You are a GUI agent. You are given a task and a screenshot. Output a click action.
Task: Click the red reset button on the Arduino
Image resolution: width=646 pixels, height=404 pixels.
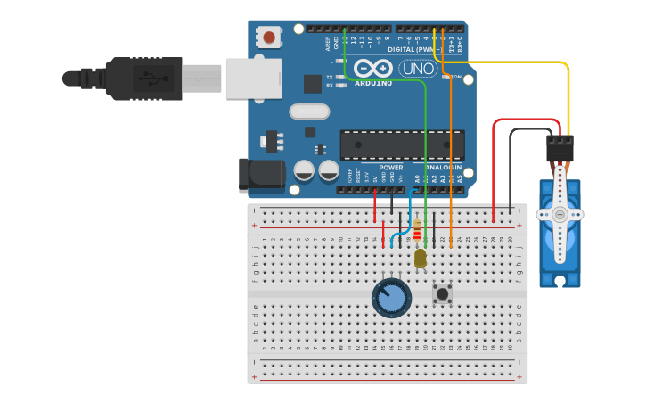pyautogui.click(x=268, y=37)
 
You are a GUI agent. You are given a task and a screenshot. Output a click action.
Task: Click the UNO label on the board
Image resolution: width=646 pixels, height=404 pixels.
pyautogui.click(x=417, y=69)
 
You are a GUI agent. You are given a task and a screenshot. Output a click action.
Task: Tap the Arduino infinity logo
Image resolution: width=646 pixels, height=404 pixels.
pyautogui.click(x=372, y=69)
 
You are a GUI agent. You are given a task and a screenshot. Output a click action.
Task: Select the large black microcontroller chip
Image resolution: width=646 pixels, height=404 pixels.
pyautogui.click(x=402, y=144)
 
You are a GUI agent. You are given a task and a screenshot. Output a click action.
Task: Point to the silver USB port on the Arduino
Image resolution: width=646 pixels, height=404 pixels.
pyautogui.click(x=253, y=78)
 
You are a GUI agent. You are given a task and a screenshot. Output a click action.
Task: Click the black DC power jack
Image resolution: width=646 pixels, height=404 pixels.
pyautogui.click(x=259, y=176)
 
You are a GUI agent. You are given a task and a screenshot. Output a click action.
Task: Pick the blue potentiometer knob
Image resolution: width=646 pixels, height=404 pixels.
pyautogui.click(x=391, y=298)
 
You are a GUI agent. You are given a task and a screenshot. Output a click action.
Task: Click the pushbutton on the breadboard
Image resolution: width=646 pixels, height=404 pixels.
pyautogui.click(x=442, y=293)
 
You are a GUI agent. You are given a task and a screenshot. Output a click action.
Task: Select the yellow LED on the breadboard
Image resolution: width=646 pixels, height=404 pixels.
pyautogui.click(x=421, y=258)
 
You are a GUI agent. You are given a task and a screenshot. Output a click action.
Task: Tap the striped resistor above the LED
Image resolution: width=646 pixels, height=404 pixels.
pyautogui.click(x=417, y=230)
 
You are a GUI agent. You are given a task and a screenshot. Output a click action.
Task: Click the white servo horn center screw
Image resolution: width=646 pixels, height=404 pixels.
pyautogui.click(x=560, y=214)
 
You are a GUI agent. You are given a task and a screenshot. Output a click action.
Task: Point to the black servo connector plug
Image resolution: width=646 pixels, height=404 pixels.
pyautogui.click(x=560, y=146)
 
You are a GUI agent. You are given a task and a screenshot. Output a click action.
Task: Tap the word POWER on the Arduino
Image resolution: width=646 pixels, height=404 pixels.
pyautogui.click(x=390, y=167)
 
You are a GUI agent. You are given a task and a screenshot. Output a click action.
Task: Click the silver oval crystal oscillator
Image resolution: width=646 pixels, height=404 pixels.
pyautogui.click(x=309, y=111)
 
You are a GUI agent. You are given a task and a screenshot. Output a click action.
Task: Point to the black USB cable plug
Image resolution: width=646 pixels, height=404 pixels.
pyautogui.click(x=143, y=78)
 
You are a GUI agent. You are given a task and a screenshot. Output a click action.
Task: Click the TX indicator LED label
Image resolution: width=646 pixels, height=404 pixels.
pyautogui.click(x=330, y=77)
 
